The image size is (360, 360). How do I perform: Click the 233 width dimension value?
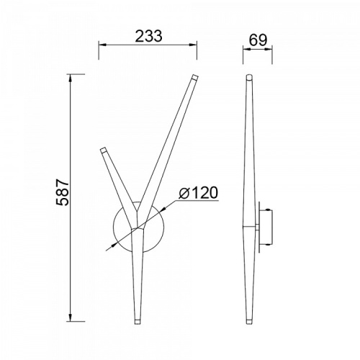point(149,36)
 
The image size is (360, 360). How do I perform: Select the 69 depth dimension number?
point(258,40)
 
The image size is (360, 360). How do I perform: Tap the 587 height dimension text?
point(63,192)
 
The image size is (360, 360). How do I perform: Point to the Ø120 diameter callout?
point(198,192)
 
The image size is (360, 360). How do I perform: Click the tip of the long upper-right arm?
point(195,77)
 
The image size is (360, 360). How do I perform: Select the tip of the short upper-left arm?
point(104,150)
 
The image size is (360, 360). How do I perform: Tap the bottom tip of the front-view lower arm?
point(138,322)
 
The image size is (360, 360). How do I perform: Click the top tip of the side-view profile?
point(249,76)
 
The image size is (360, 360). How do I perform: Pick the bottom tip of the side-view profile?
point(249,322)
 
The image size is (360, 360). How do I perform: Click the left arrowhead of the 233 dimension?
point(102,45)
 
